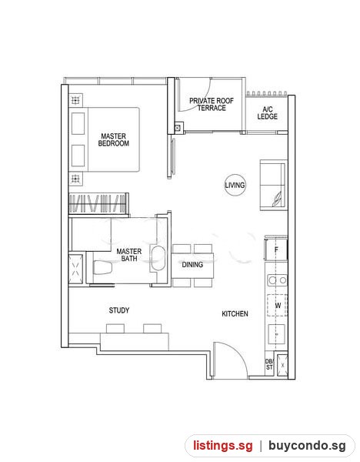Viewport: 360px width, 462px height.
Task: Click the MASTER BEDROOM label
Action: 113,139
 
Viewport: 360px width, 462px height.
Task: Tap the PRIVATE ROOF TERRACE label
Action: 212,104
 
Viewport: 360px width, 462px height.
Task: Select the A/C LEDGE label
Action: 267,113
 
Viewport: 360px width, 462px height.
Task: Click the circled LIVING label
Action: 235,185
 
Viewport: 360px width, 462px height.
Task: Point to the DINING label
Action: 192,265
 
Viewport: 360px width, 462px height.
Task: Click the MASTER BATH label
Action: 129,255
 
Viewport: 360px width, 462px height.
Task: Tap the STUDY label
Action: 119,310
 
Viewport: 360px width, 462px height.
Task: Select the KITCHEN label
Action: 235,314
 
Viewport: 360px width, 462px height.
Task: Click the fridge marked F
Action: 276,249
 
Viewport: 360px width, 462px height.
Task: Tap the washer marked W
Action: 277,305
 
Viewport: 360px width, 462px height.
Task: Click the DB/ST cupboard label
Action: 269,364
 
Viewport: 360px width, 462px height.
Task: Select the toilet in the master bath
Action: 102,267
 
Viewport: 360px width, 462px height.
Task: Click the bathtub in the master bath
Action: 158,258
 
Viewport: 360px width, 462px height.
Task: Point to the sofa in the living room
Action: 273,185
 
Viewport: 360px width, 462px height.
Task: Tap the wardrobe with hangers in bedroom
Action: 98,203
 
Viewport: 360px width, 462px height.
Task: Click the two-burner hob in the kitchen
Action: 277,280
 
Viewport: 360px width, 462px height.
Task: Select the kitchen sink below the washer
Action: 277,334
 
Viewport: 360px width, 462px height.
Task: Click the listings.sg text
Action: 223,446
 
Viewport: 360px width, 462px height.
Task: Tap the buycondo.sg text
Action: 308,446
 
